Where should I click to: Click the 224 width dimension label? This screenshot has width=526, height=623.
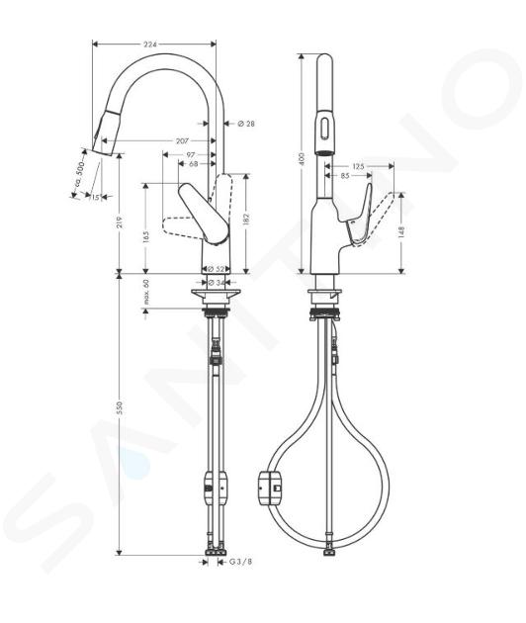(x=149, y=44)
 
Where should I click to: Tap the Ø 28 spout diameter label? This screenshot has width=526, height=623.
(x=246, y=124)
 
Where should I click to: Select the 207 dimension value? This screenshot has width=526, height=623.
(x=182, y=140)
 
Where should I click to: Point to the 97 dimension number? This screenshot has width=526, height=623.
(x=191, y=155)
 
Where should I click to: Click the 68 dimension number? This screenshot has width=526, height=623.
(x=194, y=163)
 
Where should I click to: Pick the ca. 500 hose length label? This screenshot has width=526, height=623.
(x=80, y=173)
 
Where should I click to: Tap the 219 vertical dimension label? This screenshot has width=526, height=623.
(x=120, y=222)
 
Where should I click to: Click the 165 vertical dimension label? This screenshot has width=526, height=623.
(x=146, y=237)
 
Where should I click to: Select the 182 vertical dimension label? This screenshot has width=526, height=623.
(x=246, y=219)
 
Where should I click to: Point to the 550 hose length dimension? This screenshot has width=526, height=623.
(x=120, y=407)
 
